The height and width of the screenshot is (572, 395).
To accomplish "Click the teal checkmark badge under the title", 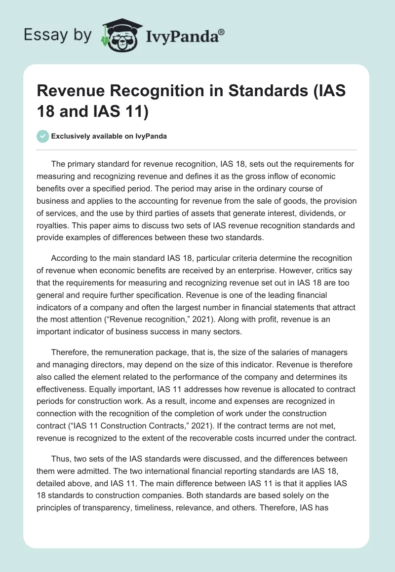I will (x=43, y=136).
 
